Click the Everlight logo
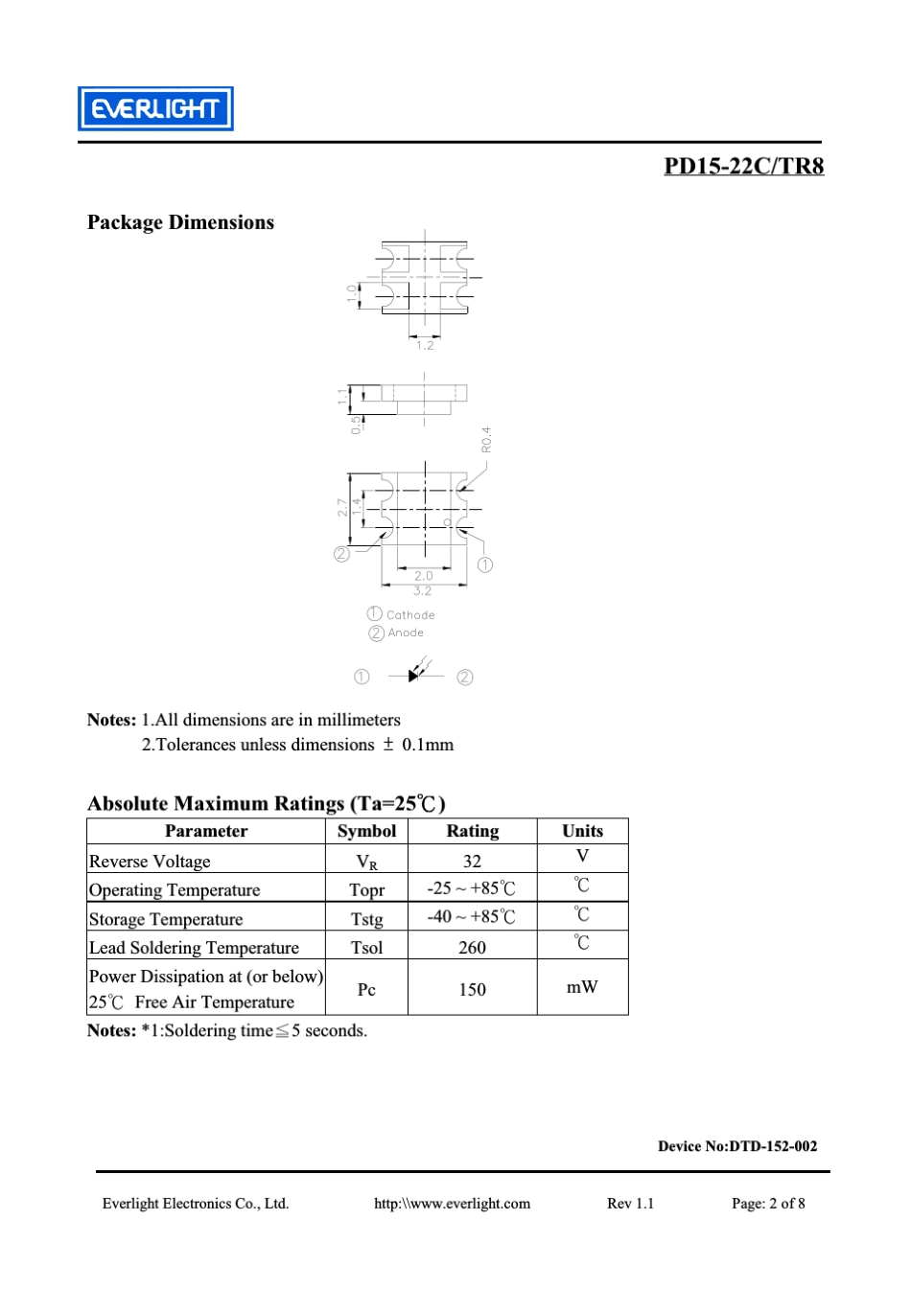tap(155, 108)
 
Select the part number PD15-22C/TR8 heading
tap(743, 166)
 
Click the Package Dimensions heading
tap(180, 222)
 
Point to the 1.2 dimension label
tap(425, 345)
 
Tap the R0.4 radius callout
tap(486, 440)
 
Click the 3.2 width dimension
tap(423, 590)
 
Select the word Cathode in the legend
tap(410, 615)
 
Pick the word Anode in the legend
tap(406, 633)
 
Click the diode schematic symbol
tap(415, 675)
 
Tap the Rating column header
tap(472, 831)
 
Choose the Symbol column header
tap(366, 831)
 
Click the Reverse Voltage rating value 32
tap(472, 861)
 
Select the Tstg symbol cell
tap(366, 918)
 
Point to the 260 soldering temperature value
tap(472, 947)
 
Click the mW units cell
tap(581, 987)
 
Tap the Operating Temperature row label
tap(175, 889)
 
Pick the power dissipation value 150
tap(472, 989)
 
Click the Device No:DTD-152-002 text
tap(736, 1145)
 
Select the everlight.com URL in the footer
tap(452, 1204)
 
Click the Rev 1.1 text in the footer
tap(630, 1204)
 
